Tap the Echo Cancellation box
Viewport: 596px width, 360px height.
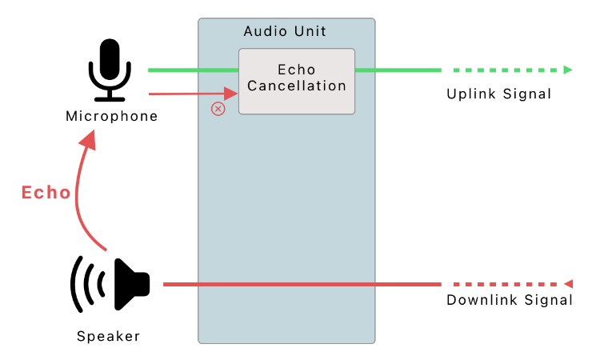(296, 81)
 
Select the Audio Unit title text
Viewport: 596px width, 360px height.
(285, 32)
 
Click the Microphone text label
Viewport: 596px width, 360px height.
(111, 117)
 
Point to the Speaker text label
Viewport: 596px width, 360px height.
(108, 336)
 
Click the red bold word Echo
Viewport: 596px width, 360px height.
(46, 193)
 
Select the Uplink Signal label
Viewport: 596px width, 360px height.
(499, 94)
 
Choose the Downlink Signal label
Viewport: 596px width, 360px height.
(510, 301)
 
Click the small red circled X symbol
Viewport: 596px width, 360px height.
(218, 109)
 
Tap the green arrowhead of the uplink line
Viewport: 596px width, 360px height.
(568, 70)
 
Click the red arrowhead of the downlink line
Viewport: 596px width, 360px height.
(569, 284)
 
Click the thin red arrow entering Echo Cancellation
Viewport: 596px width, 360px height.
(192, 93)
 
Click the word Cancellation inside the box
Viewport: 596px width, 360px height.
(296, 86)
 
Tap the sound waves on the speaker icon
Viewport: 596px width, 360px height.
(86, 284)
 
